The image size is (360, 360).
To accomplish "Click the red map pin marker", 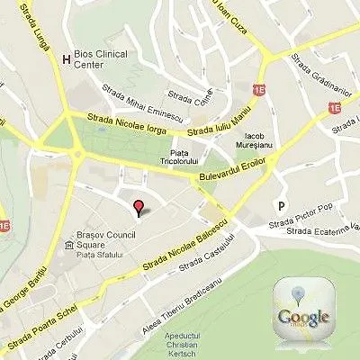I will point(138,210).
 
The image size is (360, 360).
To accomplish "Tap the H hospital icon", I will point(64,60).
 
